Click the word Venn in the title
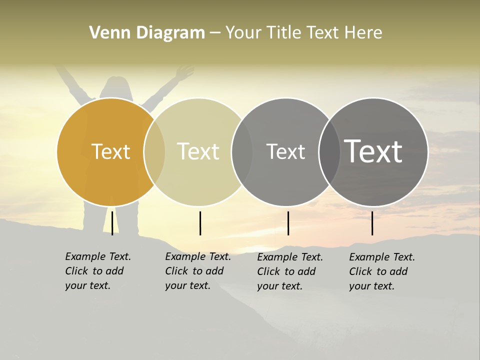click(x=105, y=32)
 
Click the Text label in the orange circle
click(x=110, y=151)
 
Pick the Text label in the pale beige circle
click(x=198, y=151)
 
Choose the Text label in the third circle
click(x=285, y=151)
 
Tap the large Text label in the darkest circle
click(x=373, y=151)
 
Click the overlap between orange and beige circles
click(x=154, y=152)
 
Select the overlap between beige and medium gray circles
click(x=242, y=152)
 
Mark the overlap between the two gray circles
click(x=329, y=152)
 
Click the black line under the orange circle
click(x=112, y=223)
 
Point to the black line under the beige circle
click(x=200, y=223)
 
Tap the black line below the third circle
click(x=288, y=223)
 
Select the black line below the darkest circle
click(x=372, y=223)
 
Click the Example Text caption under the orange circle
click(x=98, y=271)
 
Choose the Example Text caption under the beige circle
click(x=198, y=271)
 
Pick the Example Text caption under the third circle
click(x=290, y=271)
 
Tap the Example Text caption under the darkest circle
click(x=382, y=271)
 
